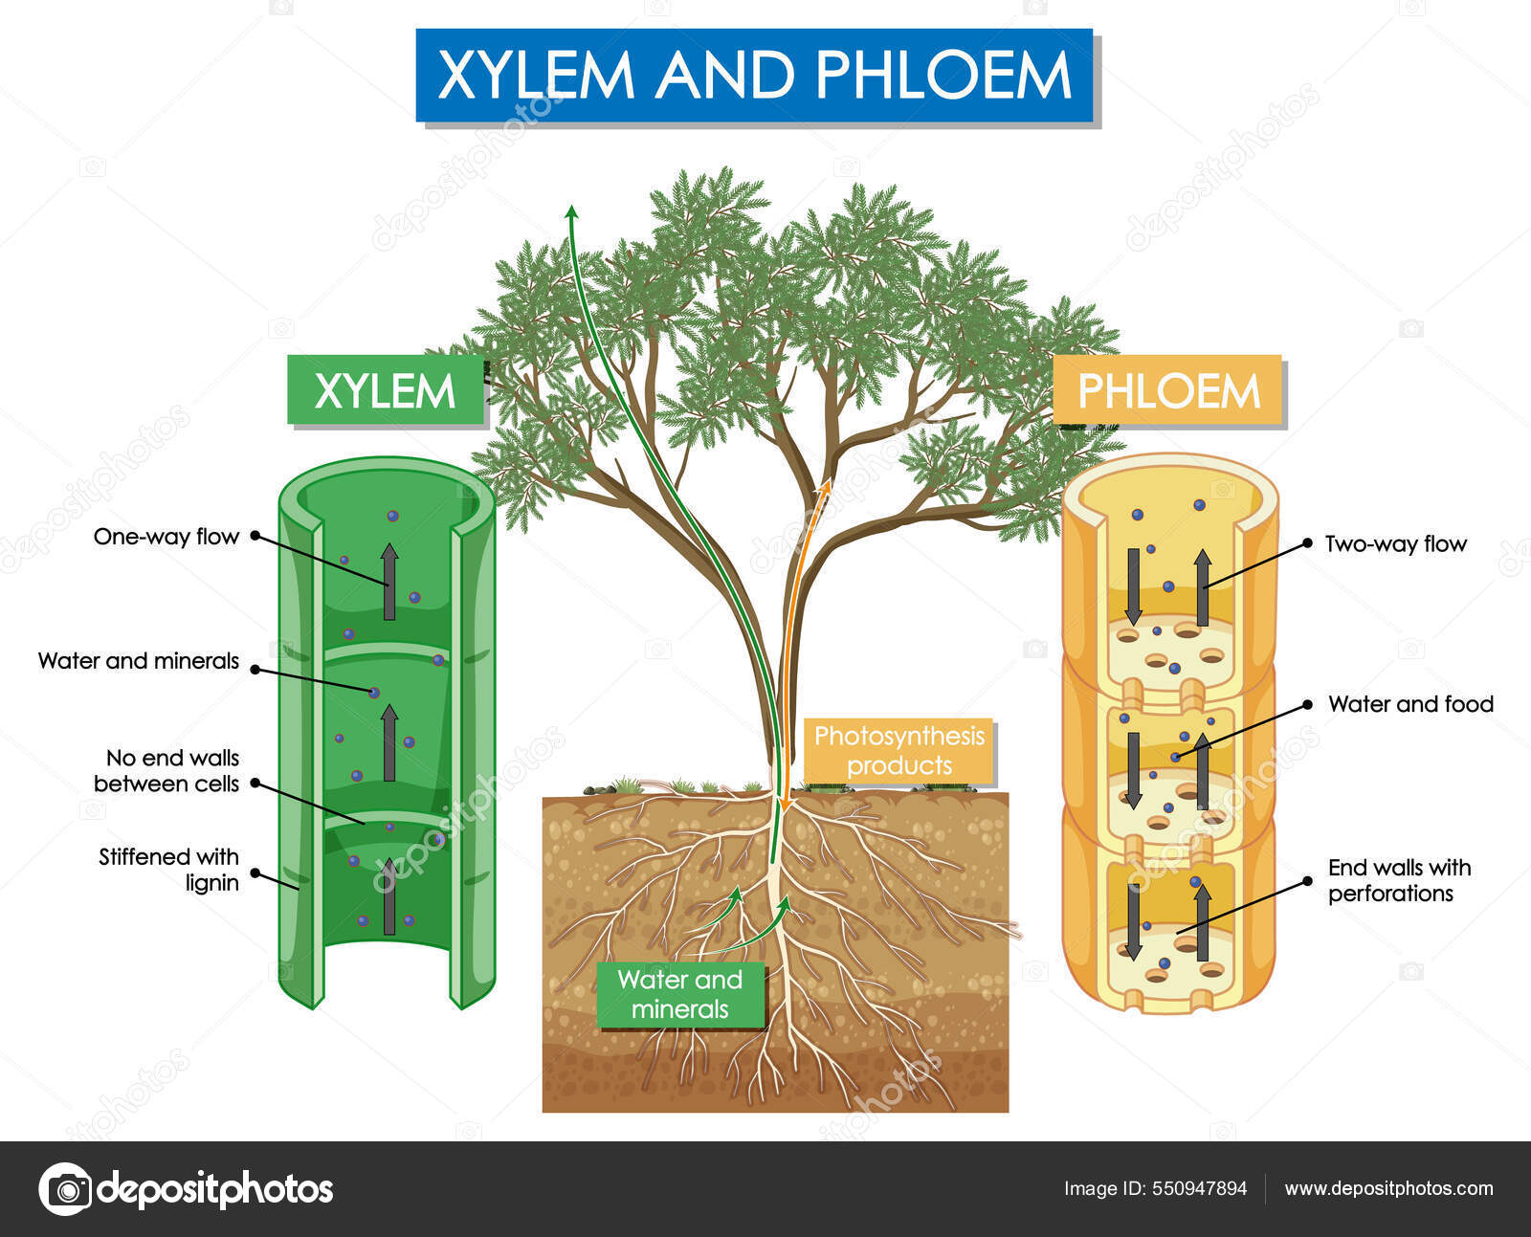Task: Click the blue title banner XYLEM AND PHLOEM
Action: (754, 76)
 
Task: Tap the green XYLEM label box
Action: (385, 390)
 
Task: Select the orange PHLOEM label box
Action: (1167, 390)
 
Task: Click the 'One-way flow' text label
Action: (166, 537)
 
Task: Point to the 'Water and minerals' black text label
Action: (138, 661)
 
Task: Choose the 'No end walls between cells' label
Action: (167, 771)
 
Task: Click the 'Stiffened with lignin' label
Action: (169, 870)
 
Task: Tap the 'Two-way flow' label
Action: (1395, 544)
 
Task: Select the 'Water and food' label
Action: (1410, 705)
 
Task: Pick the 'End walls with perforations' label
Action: (1398, 880)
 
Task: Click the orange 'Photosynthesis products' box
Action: (899, 751)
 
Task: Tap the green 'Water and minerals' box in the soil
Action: (679, 994)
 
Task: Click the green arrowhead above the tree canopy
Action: (571, 212)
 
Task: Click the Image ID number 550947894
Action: (1200, 1189)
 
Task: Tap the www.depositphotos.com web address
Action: (1388, 1189)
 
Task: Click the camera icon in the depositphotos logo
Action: (66, 1189)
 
